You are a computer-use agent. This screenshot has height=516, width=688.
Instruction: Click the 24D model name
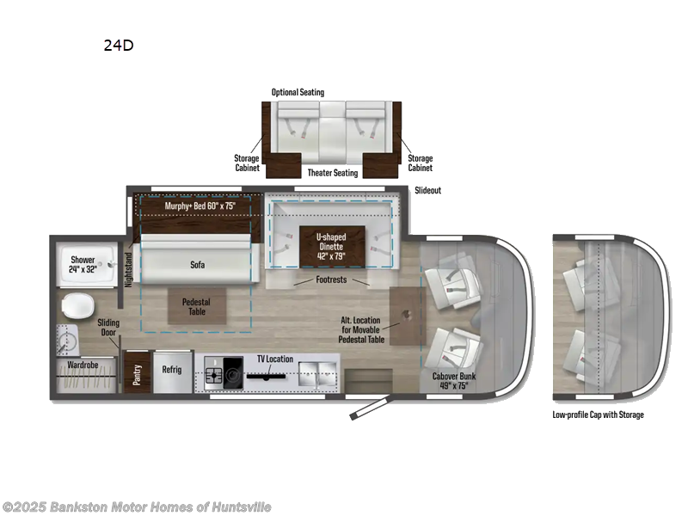(x=118, y=46)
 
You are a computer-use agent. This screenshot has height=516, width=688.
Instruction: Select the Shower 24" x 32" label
(x=83, y=264)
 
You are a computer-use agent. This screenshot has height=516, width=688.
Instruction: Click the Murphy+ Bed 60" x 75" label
(x=200, y=206)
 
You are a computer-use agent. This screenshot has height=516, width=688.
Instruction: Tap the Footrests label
(x=331, y=279)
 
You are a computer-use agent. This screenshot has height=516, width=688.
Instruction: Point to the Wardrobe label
(x=86, y=365)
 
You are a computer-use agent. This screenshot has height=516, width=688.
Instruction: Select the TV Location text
(x=273, y=359)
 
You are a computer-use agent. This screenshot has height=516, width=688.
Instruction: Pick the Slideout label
(x=427, y=190)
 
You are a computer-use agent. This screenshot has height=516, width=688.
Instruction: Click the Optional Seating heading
(x=298, y=92)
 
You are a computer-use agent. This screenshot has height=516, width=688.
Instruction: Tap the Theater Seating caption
(x=332, y=173)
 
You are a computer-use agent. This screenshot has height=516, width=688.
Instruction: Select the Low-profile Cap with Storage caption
(x=598, y=415)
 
